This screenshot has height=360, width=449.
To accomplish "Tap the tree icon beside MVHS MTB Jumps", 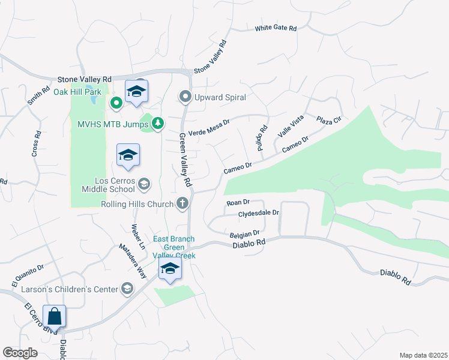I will [x=158, y=123].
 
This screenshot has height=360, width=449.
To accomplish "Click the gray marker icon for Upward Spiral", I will [x=185, y=97].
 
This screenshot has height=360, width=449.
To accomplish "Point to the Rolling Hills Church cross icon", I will [x=183, y=204].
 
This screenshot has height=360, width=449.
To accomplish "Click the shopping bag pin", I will [x=54, y=316].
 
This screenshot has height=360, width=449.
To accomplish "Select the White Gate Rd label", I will [x=276, y=28].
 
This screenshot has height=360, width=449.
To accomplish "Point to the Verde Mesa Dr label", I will [x=209, y=127].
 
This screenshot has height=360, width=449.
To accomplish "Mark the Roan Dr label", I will [x=238, y=203].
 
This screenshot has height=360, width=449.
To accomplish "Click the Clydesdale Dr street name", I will [x=259, y=212].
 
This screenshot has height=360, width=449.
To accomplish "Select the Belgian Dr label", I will [x=244, y=233].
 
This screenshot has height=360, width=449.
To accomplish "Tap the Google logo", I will [x=20, y=353].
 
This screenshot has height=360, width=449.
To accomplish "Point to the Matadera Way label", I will [x=133, y=259].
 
